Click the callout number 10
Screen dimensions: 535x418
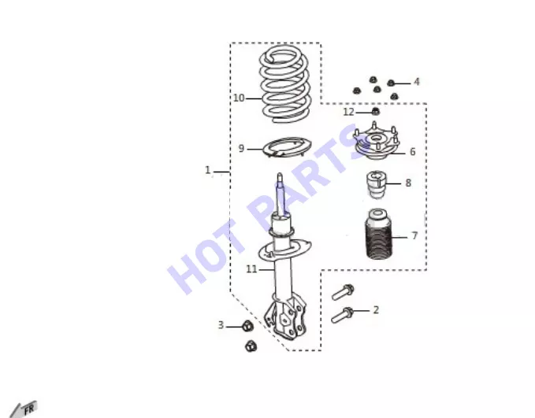click(x=239, y=98)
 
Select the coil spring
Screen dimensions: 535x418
click(x=285, y=84)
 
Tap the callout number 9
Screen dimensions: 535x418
click(x=241, y=149)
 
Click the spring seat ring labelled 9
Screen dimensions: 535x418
click(x=287, y=147)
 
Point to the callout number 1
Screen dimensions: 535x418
click(x=207, y=170)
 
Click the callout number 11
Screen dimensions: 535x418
click(x=251, y=269)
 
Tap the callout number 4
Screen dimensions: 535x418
click(x=416, y=82)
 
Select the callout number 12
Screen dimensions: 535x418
click(x=348, y=112)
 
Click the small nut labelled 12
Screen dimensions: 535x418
click(x=375, y=111)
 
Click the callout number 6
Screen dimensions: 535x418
click(x=413, y=151)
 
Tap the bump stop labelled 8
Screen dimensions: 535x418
click(x=377, y=185)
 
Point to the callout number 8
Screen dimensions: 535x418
click(x=408, y=183)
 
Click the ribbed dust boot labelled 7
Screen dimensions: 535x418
click(x=378, y=234)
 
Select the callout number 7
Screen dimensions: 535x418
click(x=414, y=235)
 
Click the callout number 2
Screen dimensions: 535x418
click(x=376, y=310)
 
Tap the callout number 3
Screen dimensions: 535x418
click(x=221, y=325)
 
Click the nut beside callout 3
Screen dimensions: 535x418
click(x=247, y=326)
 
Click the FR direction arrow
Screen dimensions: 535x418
click(x=23, y=409)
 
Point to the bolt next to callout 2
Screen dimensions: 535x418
click(x=342, y=315)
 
